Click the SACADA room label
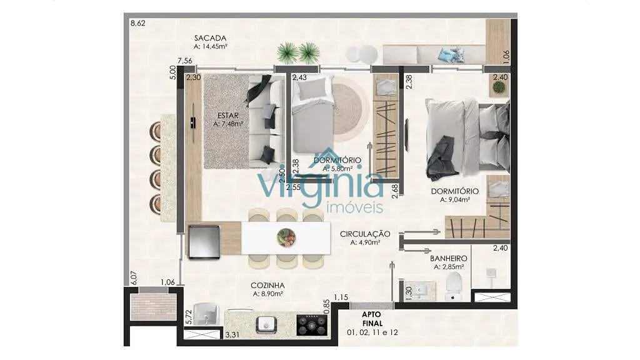coord(210,38)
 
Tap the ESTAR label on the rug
coord(227,116)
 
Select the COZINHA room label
coord(267,286)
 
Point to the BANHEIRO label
coord(449,259)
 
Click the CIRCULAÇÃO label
coord(365,234)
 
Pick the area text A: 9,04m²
coord(455,200)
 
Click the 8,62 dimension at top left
coord(138,23)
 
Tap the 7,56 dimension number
coord(185,61)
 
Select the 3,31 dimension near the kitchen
coord(232,335)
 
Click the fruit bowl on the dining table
coord(286,237)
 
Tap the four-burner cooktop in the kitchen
coord(311,325)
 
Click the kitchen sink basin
coord(267,325)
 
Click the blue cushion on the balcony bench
coord(451,55)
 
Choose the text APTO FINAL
coord(372,319)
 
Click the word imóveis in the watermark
coord(355,207)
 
